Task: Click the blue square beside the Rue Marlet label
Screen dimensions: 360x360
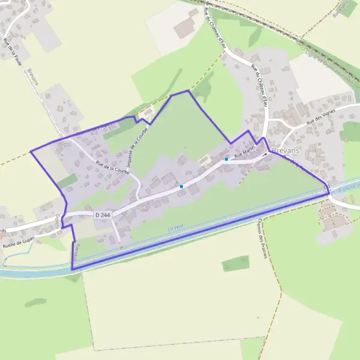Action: [x=226, y=159]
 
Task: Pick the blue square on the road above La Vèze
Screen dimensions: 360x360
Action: [x=181, y=186]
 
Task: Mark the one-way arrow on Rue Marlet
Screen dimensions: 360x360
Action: [x=263, y=155]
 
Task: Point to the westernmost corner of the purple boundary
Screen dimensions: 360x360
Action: [x=31, y=150]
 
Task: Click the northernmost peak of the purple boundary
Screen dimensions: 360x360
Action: [x=188, y=91]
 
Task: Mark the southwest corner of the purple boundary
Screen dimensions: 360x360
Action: [x=72, y=269]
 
